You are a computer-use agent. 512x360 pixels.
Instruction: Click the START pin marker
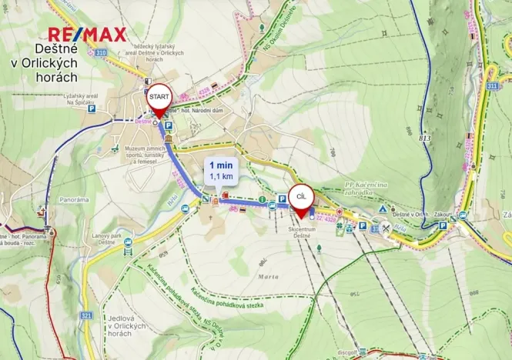(x=159, y=98)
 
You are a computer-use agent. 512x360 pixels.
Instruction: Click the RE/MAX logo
(x=86, y=34)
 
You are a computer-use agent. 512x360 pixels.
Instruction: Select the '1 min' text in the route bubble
(x=221, y=165)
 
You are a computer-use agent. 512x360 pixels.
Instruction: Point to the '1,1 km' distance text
(x=221, y=177)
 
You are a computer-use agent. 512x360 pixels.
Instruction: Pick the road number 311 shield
(x=492, y=87)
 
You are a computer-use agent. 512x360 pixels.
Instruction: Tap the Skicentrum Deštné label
(x=306, y=232)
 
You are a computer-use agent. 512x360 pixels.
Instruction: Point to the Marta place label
(x=268, y=275)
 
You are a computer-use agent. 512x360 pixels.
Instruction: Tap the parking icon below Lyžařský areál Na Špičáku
(x=92, y=110)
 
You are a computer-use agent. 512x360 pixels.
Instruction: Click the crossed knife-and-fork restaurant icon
(x=386, y=228)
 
